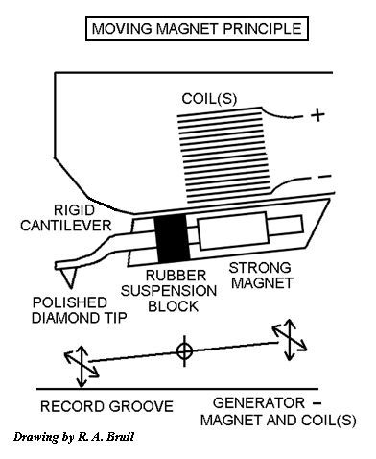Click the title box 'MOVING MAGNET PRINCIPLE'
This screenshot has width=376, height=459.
[196, 30]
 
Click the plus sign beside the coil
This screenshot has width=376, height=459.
[318, 117]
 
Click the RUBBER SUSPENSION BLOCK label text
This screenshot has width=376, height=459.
[169, 292]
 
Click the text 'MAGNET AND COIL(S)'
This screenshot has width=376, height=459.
[278, 420]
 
